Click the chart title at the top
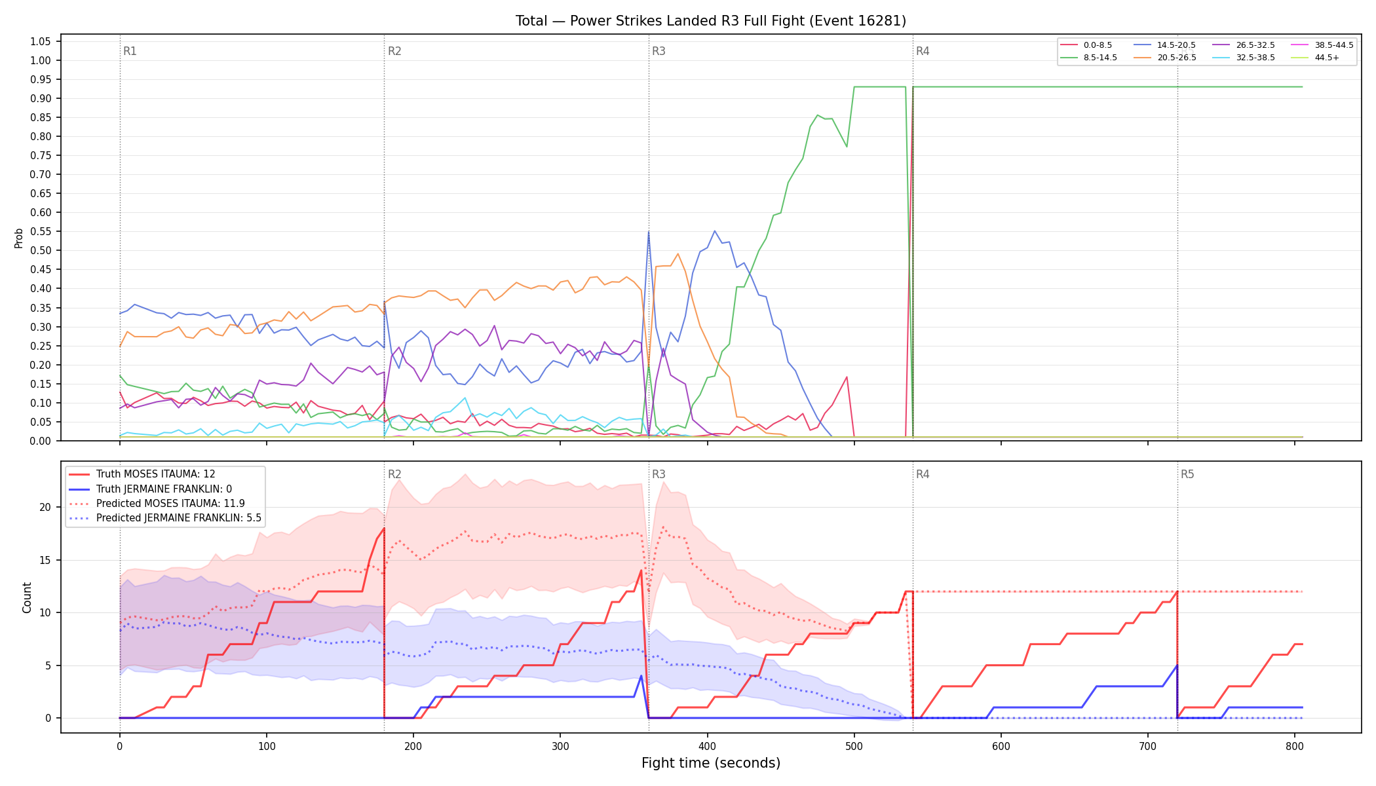[x=711, y=21]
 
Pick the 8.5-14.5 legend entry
[x=1088, y=58]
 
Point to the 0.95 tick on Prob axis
[x=40, y=79]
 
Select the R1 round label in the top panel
[x=130, y=51]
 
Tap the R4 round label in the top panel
[x=923, y=51]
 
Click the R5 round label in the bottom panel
[x=1187, y=474]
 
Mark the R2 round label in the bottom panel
[x=394, y=474]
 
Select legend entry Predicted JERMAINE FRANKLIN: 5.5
[x=165, y=518]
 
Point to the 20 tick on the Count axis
[x=45, y=507]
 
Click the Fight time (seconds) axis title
[x=711, y=763]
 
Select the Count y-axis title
[x=27, y=597]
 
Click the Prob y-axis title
[x=18, y=238]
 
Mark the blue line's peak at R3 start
[x=648, y=232]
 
